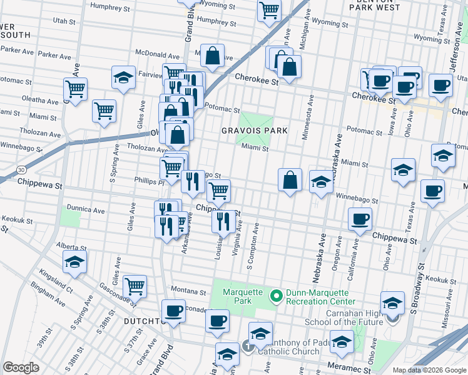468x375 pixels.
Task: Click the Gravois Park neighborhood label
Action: click(254, 131)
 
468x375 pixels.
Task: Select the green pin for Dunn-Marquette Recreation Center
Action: click(274, 294)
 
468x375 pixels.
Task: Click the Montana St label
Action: click(189, 292)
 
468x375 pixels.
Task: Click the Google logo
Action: click(21, 367)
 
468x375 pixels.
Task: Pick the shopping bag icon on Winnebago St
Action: click(290, 180)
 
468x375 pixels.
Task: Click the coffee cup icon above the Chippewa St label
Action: click(359, 219)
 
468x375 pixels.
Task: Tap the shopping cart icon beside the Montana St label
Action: click(135, 286)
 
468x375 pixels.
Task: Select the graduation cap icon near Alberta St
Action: click(74, 262)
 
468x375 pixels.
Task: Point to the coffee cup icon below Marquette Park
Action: click(217, 321)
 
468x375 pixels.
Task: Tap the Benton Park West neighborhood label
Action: click(374, 7)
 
